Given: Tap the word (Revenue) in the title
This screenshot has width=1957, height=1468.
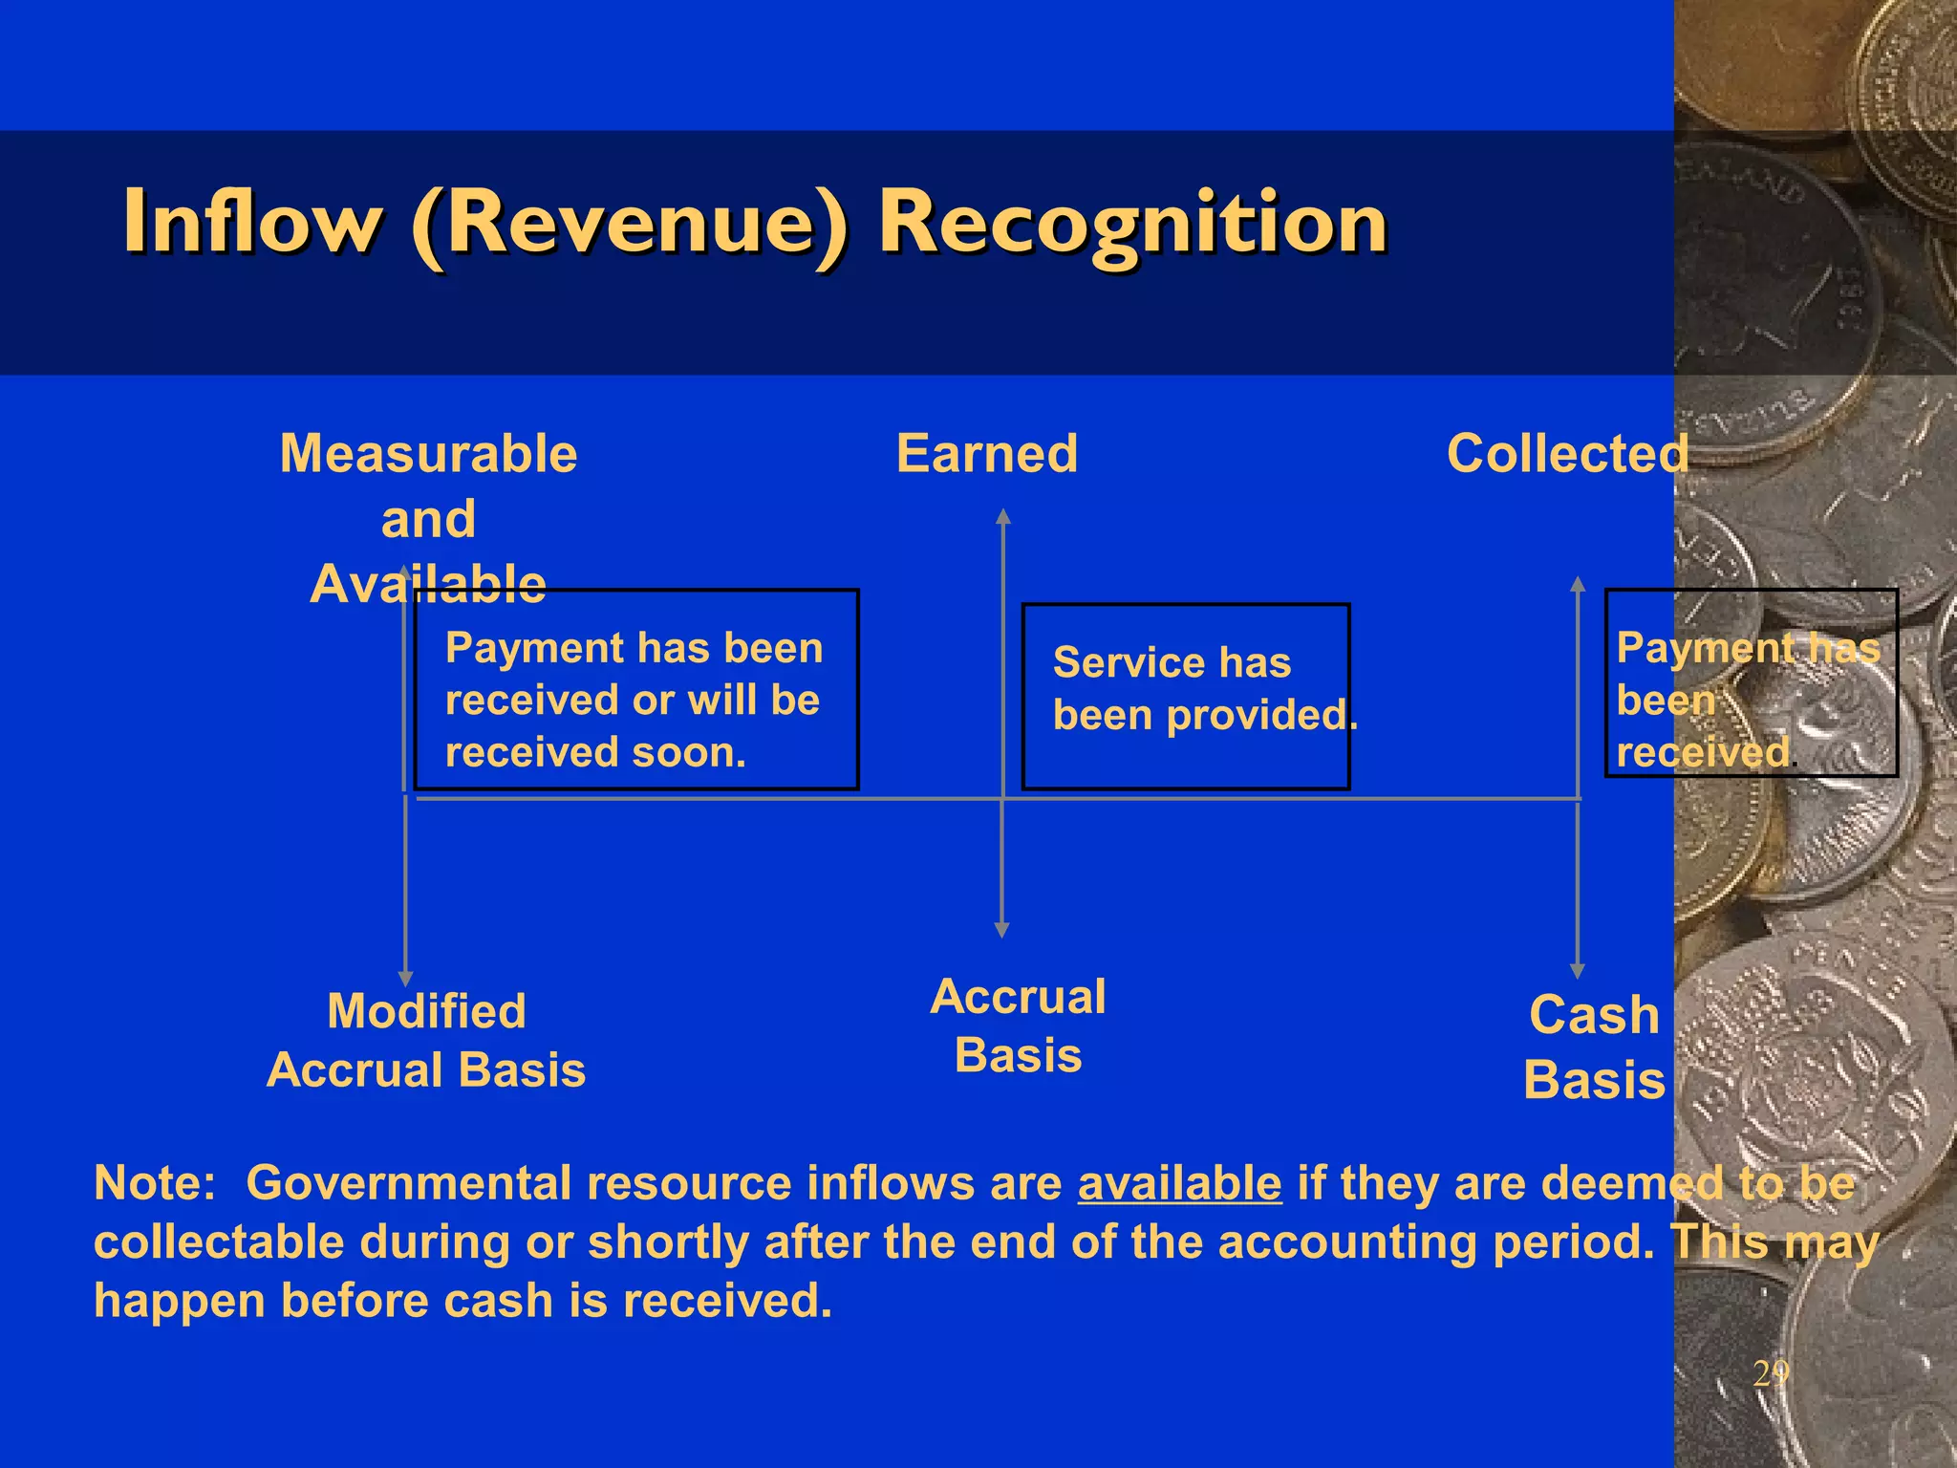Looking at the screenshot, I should point(630,224).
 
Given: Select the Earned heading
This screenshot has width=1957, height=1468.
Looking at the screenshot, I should point(986,453).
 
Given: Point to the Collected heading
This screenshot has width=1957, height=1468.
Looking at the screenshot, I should point(1567,453).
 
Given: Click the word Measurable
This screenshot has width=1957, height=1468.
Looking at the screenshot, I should point(428,453).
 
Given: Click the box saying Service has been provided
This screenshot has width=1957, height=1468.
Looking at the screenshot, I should point(1185,696).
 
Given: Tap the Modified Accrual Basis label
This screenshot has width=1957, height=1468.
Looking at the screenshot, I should point(426,1040).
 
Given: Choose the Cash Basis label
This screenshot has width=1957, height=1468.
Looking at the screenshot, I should point(1594,1047).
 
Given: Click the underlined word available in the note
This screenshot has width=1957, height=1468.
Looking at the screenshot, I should point(1179,1183).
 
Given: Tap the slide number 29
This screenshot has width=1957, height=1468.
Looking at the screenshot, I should point(1770,1373).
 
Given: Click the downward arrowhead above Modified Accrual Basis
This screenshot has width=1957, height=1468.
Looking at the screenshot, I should point(405,979).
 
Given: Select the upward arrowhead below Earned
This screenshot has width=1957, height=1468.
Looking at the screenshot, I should point(1002,517).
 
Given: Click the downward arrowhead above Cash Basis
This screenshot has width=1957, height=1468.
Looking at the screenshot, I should point(1578,971).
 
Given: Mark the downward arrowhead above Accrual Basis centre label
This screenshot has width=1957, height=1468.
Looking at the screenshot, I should point(1001,930).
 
